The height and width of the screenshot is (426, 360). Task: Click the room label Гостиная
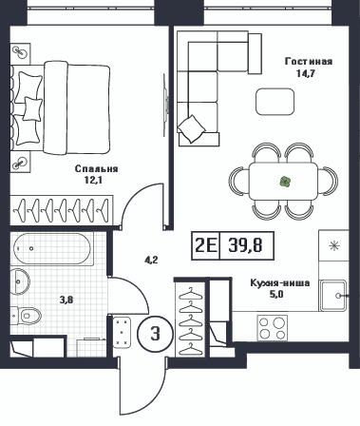click(x=309, y=61)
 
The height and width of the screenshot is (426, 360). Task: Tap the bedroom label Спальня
click(x=96, y=169)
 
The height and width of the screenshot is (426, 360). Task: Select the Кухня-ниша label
click(x=280, y=282)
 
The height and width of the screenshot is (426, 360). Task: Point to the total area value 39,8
click(x=245, y=245)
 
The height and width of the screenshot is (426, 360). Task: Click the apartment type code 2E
click(x=206, y=245)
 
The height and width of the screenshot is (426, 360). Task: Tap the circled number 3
click(x=155, y=334)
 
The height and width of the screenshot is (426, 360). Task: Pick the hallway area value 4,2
click(x=151, y=261)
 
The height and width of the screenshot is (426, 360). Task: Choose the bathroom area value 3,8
click(x=66, y=300)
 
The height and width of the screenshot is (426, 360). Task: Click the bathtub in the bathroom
click(x=52, y=249)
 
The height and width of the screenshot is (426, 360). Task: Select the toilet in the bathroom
click(x=27, y=316)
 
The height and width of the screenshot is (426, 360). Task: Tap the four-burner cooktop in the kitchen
click(x=273, y=328)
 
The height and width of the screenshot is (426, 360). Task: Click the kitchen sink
click(x=332, y=296)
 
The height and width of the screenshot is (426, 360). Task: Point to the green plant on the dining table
click(x=285, y=182)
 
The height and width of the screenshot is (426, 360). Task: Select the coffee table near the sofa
click(x=275, y=102)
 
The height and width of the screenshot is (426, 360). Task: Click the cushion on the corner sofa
click(x=191, y=128)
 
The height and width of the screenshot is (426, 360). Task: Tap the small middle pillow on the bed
click(x=32, y=108)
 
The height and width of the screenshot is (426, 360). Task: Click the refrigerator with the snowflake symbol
click(x=333, y=245)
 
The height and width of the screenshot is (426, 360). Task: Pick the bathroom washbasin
click(x=20, y=281)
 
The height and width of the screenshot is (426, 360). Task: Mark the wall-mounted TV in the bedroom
click(x=165, y=105)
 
